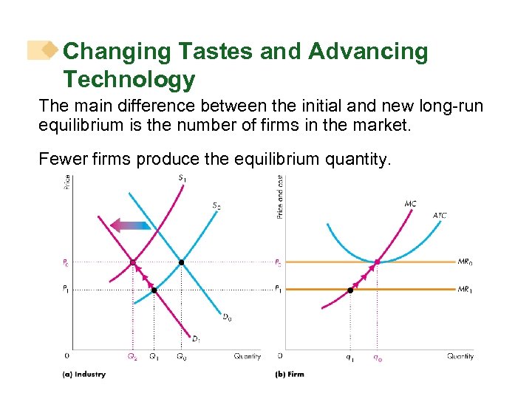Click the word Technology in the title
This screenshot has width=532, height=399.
click(x=129, y=79)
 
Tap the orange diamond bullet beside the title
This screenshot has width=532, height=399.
click(x=50, y=50)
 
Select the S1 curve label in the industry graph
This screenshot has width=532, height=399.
click(x=182, y=177)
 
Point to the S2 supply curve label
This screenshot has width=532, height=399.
click(x=216, y=205)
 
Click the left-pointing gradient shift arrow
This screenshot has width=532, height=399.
click(x=130, y=226)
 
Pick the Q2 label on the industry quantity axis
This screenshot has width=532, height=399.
click(x=132, y=357)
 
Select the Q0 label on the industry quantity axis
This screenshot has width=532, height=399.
click(x=182, y=357)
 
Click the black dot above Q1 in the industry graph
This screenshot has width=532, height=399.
click(x=154, y=290)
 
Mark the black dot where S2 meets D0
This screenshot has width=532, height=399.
click(x=181, y=262)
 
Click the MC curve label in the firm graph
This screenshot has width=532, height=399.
click(x=410, y=204)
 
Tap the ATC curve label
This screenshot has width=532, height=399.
click(x=439, y=216)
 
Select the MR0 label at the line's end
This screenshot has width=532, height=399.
click(x=465, y=262)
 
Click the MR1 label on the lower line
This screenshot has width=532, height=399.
click(x=465, y=289)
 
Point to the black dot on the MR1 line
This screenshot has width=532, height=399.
click(x=350, y=290)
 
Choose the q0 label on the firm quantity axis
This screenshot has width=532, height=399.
click(x=377, y=357)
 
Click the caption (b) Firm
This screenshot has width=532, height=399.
click(x=290, y=375)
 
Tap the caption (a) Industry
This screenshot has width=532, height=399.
click(x=83, y=375)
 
